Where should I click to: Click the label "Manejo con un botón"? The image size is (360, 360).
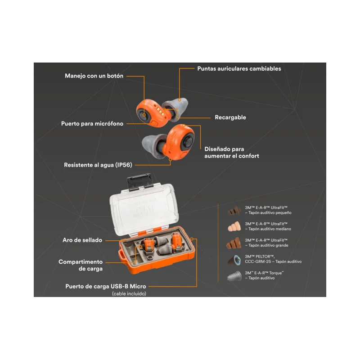94,76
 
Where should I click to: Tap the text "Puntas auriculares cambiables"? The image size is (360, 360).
239,69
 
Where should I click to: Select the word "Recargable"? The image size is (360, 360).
230,117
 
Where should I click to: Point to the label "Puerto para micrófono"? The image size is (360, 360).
92,124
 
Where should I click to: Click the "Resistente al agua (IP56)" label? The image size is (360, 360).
98,165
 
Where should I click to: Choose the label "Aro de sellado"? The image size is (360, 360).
82,240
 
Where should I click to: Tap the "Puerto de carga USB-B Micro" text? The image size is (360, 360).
106,286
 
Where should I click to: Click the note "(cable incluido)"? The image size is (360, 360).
129,294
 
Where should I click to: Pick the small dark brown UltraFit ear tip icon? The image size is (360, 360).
234,210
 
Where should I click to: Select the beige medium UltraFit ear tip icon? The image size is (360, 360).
234,226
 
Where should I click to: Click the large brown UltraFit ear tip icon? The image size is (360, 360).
234,243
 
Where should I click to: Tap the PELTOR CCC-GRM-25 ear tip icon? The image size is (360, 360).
234,260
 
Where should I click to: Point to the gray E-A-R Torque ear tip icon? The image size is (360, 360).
234,276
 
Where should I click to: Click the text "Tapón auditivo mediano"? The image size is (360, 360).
270,229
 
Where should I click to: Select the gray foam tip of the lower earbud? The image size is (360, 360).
153,145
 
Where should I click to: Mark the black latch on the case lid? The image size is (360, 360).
139,182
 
